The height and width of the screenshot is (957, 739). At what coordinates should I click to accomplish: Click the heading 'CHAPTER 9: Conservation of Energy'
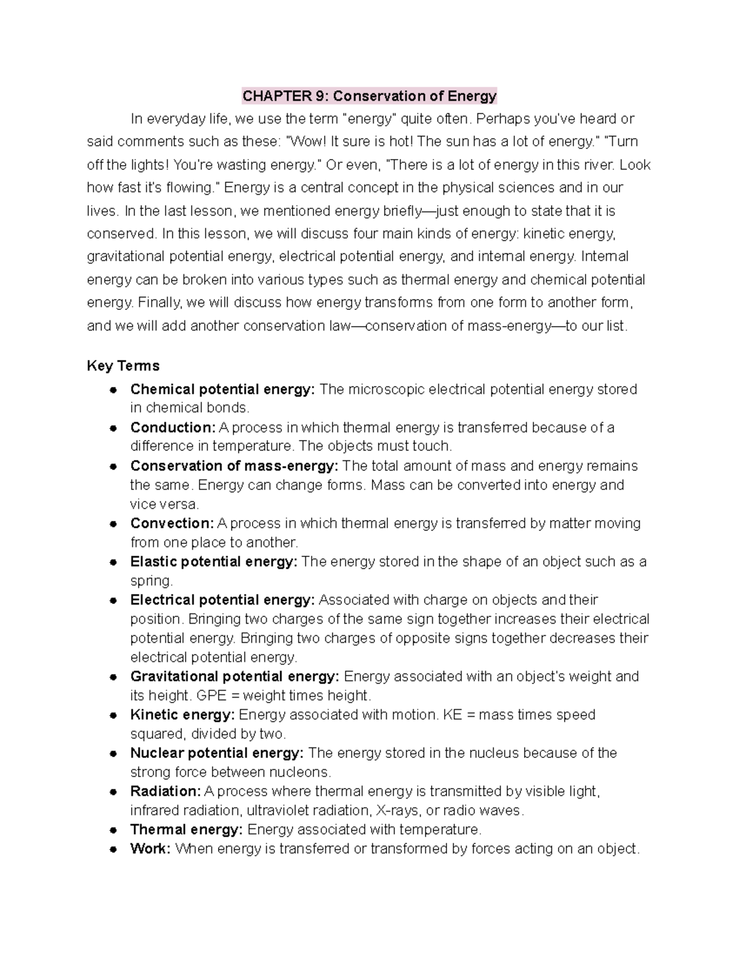[x=369, y=96]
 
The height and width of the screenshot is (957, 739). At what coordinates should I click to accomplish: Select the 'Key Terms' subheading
[x=123, y=366]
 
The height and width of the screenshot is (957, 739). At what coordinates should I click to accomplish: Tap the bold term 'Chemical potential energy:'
[x=222, y=389]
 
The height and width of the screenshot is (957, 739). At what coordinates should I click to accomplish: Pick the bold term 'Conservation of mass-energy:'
[x=234, y=466]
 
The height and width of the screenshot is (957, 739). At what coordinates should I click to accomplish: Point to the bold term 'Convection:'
[x=172, y=523]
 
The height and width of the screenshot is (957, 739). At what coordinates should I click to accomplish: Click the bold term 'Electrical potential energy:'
[x=222, y=600]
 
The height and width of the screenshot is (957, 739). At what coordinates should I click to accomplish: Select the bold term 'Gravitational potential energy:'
[x=235, y=677]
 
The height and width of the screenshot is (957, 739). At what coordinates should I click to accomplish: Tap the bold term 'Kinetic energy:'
[x=182, y=715]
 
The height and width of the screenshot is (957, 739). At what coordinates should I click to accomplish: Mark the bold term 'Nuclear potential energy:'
[x=217, y=753]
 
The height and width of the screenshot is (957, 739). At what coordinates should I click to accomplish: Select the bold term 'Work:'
[x=150, y=849]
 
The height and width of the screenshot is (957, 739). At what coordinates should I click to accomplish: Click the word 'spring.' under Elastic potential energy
[x=151, y=581]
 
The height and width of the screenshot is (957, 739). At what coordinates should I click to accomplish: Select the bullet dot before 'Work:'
[x=113, y=849]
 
